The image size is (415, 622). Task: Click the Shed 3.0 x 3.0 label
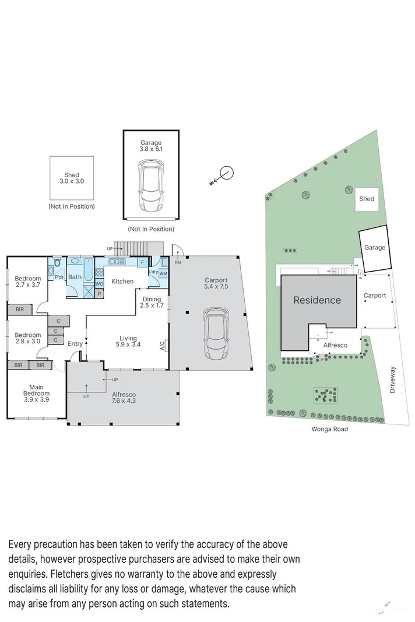click(x=71, y=178)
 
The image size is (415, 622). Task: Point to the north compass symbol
click(x=226, y=173)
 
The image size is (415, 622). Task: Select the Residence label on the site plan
click(x=316, y=300)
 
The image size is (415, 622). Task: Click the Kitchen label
click(x=122, y=282)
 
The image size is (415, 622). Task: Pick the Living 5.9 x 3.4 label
click(x=128, y=342)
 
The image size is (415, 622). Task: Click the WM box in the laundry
click(x=163, y=273)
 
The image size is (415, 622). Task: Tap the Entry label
click(x=75, y=344)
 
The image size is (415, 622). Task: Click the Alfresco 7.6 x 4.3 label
click(x=123, y=398)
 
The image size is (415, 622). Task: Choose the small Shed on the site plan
click(x=367, y=199)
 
